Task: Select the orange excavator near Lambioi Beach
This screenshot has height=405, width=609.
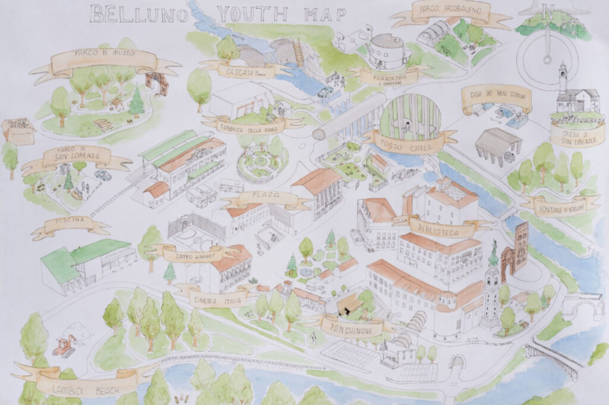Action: tap(65, 345)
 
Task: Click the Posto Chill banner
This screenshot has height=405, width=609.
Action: tap(410, 142)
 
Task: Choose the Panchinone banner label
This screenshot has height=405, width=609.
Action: tap(352, 325)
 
